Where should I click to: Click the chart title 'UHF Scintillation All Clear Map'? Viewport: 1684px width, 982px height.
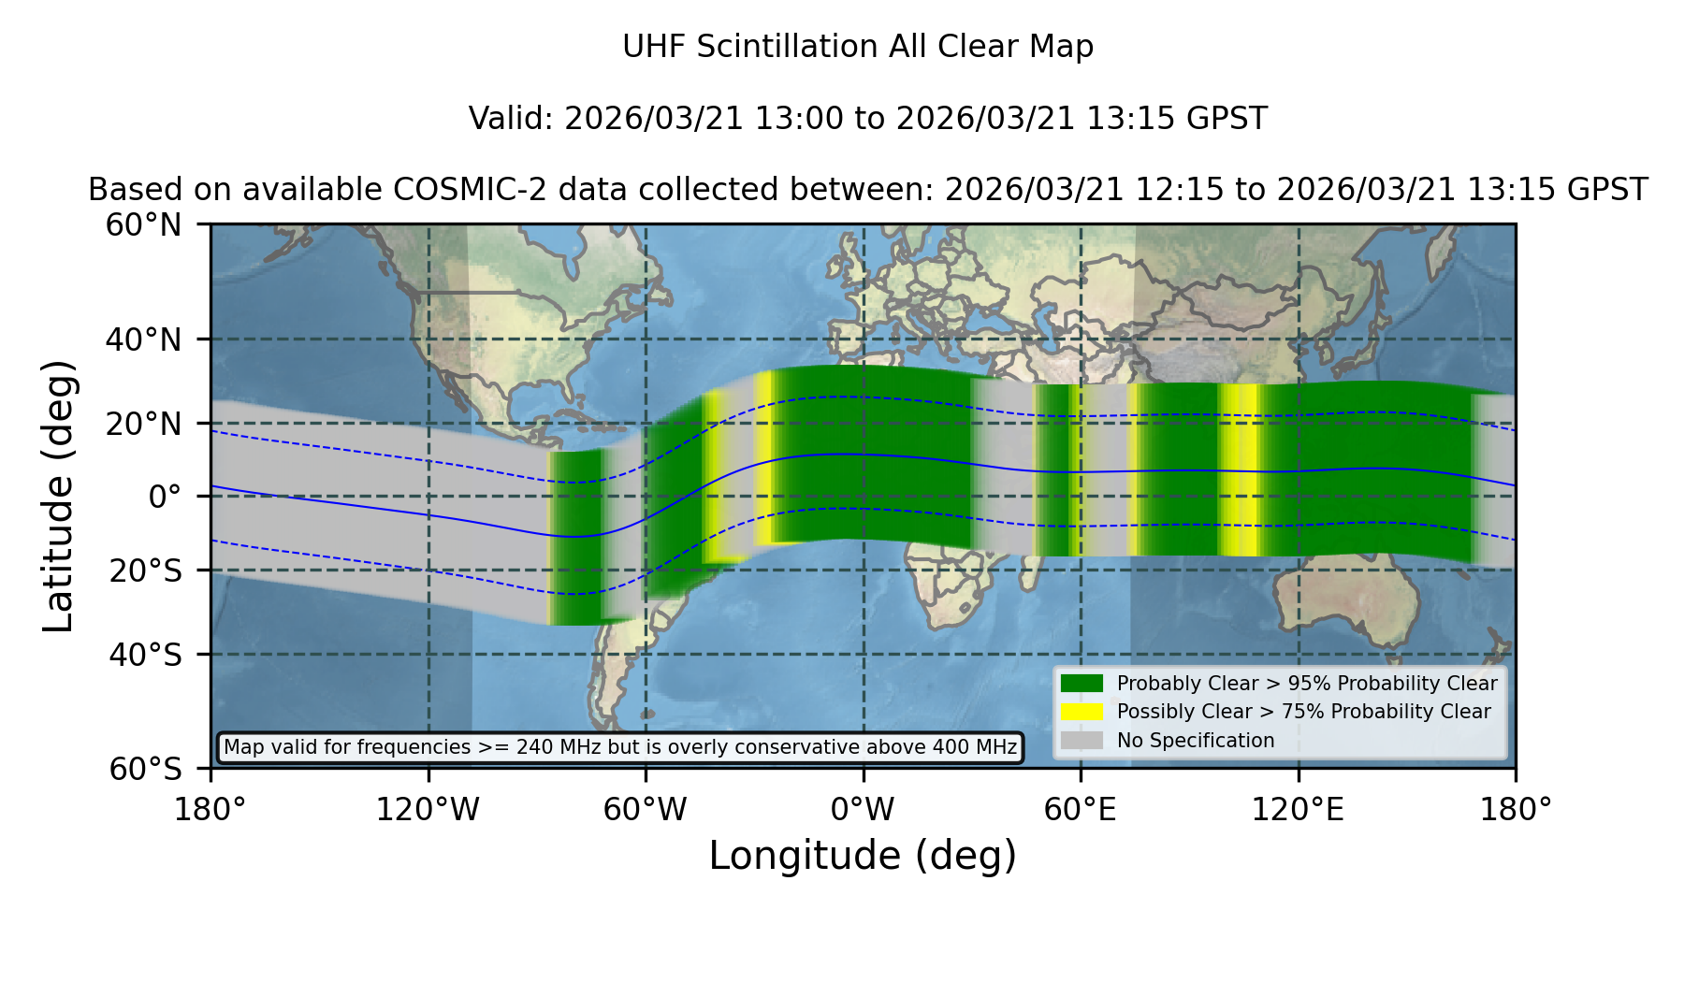coord(858,47)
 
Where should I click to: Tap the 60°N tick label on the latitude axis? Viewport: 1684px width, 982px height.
coord(144,225)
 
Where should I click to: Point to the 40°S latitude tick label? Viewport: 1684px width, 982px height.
coord(144,655)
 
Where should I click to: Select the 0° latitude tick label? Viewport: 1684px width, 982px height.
coord(165,497)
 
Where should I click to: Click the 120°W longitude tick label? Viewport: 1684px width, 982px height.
coord(428,810)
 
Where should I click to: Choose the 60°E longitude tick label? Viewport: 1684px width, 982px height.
coord(1081,810)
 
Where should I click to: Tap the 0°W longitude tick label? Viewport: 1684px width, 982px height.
coord(864,810)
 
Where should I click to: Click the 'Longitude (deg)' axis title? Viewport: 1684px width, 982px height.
coord(863,856)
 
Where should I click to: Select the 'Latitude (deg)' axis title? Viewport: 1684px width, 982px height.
coord(59,496)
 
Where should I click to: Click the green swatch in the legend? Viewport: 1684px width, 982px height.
coord(1082,684)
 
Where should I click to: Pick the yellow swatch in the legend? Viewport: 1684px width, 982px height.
coord(1082,712)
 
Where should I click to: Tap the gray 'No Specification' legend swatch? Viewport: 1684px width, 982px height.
coord(1082,741)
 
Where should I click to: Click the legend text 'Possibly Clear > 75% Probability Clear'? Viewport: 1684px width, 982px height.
coord(1303,712)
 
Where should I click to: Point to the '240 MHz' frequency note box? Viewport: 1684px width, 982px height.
coord(620,747)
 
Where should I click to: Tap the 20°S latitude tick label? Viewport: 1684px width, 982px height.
coord(144,570)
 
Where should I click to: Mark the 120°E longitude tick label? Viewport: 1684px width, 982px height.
coord(1299,810)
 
